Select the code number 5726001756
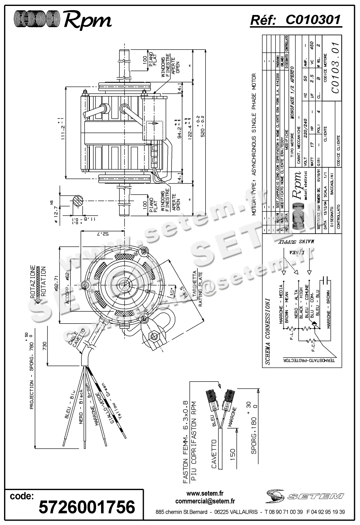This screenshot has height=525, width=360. click(x=86, y=507)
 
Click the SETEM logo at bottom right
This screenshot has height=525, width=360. click(x=305, y=496)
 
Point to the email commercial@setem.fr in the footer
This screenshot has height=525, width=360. click(x=205, y=501)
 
